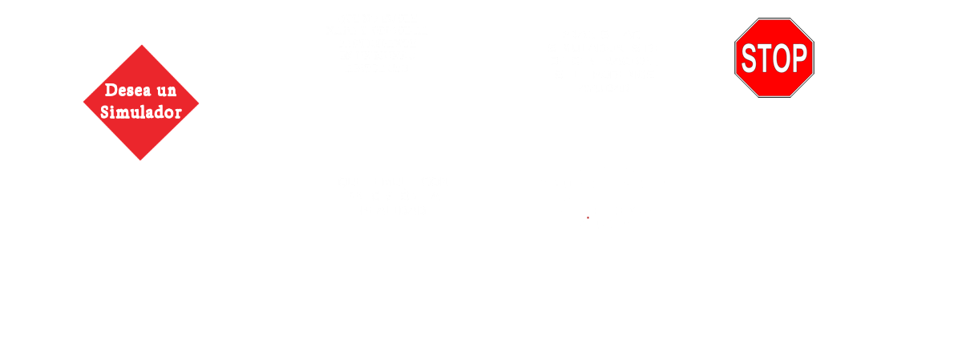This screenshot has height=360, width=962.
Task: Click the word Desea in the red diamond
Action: (128, 91)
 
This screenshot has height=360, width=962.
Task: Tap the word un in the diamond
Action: (167, 91)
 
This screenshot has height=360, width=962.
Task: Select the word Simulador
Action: (141, 112)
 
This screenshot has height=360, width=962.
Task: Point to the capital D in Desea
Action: (111, 91)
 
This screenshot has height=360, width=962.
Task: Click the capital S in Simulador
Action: (106, 112)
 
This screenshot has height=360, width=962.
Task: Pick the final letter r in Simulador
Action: (178, 115)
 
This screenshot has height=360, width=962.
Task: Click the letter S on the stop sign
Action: (749, 58)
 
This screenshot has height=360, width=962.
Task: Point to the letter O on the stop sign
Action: (780, 58)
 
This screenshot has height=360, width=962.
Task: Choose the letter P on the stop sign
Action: (798, 58)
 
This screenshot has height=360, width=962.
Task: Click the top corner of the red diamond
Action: (142, 45)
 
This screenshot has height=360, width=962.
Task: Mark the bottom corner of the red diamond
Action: (140, 160)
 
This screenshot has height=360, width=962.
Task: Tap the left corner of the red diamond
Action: (83, 103)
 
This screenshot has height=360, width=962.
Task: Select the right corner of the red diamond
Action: (199, 103)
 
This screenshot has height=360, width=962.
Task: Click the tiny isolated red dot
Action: (588, 218)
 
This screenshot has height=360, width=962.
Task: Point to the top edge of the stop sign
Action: (774, 18)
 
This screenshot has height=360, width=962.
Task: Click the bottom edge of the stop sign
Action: (774, 97)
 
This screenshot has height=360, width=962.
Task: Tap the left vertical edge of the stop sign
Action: (735, 58)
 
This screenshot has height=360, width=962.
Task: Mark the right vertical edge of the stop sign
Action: (814, 58)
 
